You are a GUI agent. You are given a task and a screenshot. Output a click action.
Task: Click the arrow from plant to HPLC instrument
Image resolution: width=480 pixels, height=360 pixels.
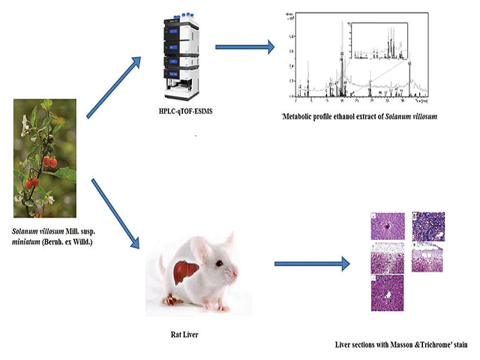coord(114,89)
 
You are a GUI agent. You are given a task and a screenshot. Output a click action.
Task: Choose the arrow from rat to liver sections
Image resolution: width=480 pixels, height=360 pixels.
coord(312,264)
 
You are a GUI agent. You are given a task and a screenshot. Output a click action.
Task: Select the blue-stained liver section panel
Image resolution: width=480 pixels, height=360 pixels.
coord(428,227)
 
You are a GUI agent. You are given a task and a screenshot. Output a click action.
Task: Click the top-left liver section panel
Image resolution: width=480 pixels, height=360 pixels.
coord(388,227)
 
